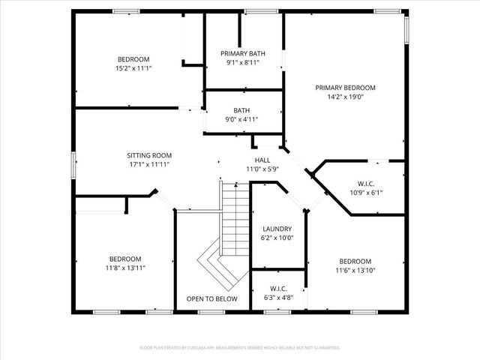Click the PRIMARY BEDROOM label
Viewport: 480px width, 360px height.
[345, 88]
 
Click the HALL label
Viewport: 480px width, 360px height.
[262, 160]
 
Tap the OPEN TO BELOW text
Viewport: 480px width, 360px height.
[211, 299]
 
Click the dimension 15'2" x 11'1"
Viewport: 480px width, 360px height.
[133, 68]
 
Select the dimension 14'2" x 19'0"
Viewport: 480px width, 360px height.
[345, 97]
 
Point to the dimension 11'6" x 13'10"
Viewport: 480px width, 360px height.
[355, 270]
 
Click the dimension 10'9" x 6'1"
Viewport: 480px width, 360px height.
[365, 193]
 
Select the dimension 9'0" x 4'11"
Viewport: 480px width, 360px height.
[241, 119]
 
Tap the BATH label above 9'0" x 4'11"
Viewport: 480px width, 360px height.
[241, 111]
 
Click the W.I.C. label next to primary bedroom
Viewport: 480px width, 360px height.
[365, 184]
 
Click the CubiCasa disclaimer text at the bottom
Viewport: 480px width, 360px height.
[240, 348]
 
